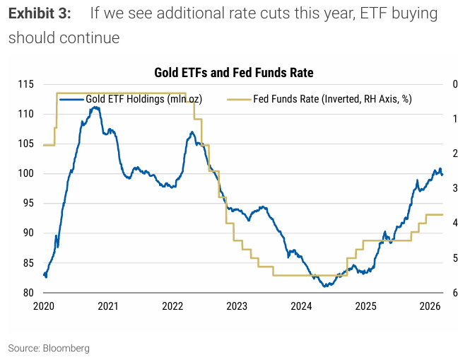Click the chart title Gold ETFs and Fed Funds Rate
tap(234, 72)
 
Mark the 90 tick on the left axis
tap(27, 233)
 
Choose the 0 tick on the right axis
tap(455, 84)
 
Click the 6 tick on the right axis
tap(455, 293)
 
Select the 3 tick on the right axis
tap(455, 189)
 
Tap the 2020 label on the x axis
tap(44, 306)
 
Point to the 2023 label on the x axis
tap(237, 306)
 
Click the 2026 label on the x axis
tap(430, 306)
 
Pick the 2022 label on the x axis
tap(172, 306)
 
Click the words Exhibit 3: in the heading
tap(39, 13)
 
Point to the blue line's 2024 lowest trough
tap(324, 286)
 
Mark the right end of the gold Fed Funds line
tap(442, 214)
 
